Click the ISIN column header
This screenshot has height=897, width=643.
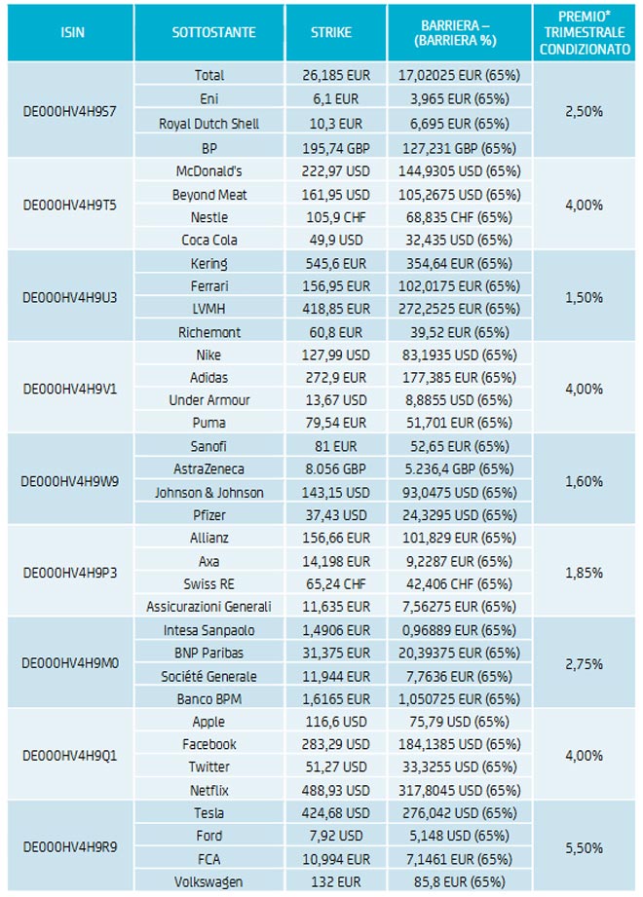71,32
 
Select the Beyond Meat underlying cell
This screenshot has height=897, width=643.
209,195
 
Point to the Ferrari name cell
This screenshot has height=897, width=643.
209,286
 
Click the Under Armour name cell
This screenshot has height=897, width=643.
209,400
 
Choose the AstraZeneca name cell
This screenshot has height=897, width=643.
209,469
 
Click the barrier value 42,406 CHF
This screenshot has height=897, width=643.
459,583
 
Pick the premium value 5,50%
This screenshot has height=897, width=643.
584,845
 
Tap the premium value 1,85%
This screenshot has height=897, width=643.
584,572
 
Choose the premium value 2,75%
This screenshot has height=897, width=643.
584,663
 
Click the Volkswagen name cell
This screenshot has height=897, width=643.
209,881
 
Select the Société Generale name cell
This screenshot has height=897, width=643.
209,676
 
